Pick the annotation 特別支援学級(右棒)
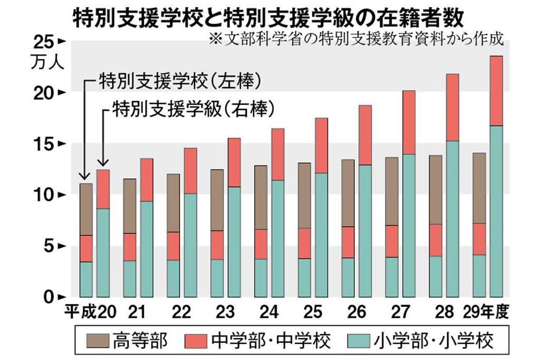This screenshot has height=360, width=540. point(193,110)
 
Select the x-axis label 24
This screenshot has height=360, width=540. point(268,313)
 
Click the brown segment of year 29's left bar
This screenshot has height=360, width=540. point(479,188)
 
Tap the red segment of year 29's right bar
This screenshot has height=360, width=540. point(496,91)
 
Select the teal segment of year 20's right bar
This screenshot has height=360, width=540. point(103,252)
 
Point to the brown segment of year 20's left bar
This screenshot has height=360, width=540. point(86,209)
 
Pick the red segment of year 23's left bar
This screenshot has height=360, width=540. point(217,245)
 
